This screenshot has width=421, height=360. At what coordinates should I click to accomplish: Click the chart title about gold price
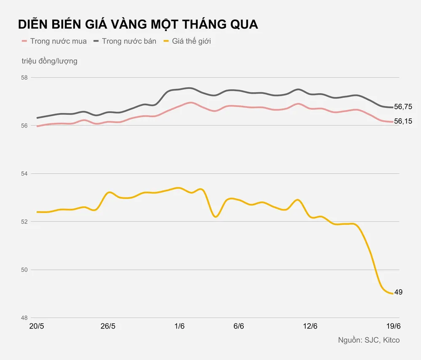[x=138, y=24]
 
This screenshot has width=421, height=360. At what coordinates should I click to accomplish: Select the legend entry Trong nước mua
[x=58, y=41]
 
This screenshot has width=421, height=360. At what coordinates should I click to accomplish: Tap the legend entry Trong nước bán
[x=129, y=41]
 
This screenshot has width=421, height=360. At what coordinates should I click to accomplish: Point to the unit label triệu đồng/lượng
[x=50, y=61]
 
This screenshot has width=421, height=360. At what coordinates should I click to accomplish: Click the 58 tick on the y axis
[x=24, y=78]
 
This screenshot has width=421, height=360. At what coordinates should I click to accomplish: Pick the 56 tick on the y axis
[x=24, y=125]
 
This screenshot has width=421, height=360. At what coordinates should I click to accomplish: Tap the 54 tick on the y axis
[x=24, y=173]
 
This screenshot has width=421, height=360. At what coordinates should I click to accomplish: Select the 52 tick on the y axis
[x=24, y=221]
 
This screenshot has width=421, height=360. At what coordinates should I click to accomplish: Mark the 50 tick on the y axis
[x=24, y=269]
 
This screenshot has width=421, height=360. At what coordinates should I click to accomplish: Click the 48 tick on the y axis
[x=24, y=317]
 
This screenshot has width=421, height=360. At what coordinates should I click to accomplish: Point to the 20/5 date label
[x=37, y=326]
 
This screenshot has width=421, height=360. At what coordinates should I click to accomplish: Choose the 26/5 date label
[x=108, y=326]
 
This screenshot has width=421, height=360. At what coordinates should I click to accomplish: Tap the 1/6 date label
[x=179, y=326]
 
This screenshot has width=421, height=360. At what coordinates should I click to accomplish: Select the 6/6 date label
[x=239, y=326]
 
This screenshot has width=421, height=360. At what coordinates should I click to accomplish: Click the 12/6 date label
[x=310, y=326]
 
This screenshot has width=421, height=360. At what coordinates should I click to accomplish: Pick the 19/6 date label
[x=393, y=326]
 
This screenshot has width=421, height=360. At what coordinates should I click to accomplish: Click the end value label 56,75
[x=403, y=107]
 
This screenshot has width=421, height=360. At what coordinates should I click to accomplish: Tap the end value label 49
[x=398, y=292]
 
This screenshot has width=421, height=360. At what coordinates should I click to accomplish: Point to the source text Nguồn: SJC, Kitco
[x=369, y=340]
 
